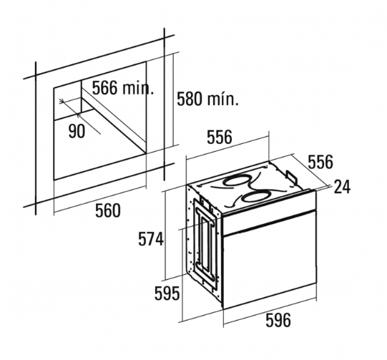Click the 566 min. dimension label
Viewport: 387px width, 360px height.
(x=123, y=87)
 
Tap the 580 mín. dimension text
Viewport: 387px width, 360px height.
(x=208, y=99)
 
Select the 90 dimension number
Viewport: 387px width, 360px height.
(x=77, y=131)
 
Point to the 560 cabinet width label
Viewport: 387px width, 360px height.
(x=108, y=210)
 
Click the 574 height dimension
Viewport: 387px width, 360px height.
(x=151, y=239)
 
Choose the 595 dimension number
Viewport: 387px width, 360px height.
(x=167, y=293)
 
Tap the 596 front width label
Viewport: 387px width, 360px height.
(x=278, y=320)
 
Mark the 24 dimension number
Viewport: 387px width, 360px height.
(x=342, y=187)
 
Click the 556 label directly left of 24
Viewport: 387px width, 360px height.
(x=320, y=162)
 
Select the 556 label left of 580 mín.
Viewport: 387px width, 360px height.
(x=220, y=137)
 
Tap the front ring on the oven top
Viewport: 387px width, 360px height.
(x=255, y=197)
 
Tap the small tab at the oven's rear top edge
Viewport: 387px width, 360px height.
(x=291, y=176)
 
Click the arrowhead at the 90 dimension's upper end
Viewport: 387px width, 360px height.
(x=62, y=101)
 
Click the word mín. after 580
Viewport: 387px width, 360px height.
(x=223, y=99)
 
